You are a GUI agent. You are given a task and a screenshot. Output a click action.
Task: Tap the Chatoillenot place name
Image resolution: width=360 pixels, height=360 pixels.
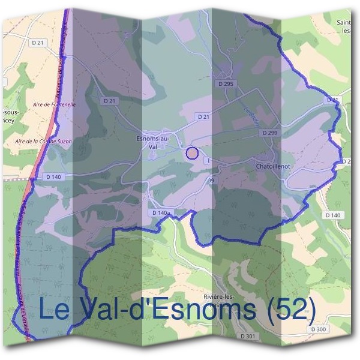[273, 166]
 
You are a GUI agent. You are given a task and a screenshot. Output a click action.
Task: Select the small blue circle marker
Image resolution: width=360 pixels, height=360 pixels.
[192, 153]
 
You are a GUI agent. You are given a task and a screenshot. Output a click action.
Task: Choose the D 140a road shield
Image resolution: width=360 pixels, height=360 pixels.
[161, 213]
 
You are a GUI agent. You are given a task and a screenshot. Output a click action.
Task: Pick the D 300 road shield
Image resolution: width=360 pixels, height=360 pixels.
[319, 329]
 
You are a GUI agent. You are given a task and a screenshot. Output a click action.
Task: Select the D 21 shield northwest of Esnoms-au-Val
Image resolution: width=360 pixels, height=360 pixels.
[109, 101]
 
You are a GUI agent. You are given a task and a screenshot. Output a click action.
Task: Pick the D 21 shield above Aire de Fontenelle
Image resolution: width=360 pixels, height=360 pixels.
[37, 43]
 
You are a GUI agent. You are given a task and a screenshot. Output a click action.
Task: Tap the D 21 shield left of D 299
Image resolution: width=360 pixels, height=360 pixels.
[203, 116]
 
